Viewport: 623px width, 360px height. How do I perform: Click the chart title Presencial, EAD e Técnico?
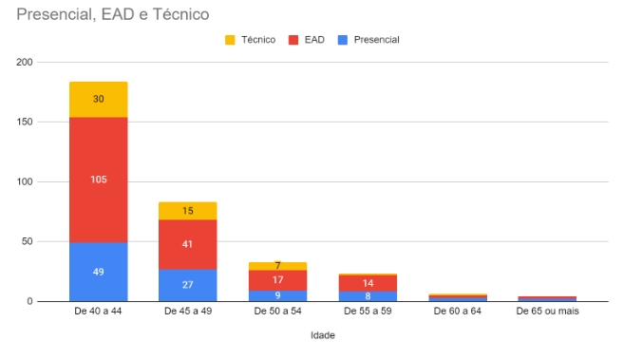point(113,14)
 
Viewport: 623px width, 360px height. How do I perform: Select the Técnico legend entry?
point(251,40)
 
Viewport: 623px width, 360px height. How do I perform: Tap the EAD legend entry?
point(307,40)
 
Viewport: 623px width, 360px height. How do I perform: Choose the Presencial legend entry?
point(368,40)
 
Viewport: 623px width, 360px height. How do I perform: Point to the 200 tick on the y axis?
point(25,62)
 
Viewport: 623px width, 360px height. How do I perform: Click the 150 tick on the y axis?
point(25,122)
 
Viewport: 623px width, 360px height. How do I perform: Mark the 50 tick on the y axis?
point(27,241)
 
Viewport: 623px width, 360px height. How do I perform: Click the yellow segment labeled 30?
point(99,100)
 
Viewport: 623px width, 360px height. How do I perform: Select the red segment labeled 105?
point(99,180)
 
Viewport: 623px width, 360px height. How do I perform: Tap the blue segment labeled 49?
point(99,272)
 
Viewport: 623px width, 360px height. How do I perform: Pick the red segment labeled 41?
point(188,244)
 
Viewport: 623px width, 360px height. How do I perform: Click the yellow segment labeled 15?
point(188,211)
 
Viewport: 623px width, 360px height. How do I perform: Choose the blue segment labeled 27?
point(188,285)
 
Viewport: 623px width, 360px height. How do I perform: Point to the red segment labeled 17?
point(277,280)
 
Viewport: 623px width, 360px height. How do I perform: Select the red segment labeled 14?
point(368,283)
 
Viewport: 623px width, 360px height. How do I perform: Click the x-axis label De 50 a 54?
point(277,312)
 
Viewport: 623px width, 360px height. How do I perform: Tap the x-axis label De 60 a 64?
point(458,312)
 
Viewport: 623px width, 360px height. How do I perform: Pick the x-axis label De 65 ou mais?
point(548,312)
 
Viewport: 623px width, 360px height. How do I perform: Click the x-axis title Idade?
point(323,335)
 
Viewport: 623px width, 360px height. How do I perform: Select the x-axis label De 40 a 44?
point(98,312)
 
